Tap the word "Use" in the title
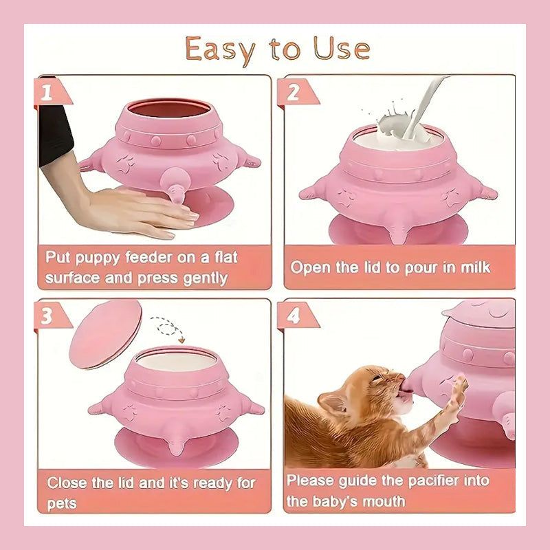click(x=342, y=48)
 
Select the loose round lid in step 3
click(x=106, y=334)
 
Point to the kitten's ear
click(x=331, y=402)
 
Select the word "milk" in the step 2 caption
click(x=475, y=267)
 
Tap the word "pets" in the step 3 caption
click(x=62, y=505)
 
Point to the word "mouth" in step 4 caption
click(x=384, y=501)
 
